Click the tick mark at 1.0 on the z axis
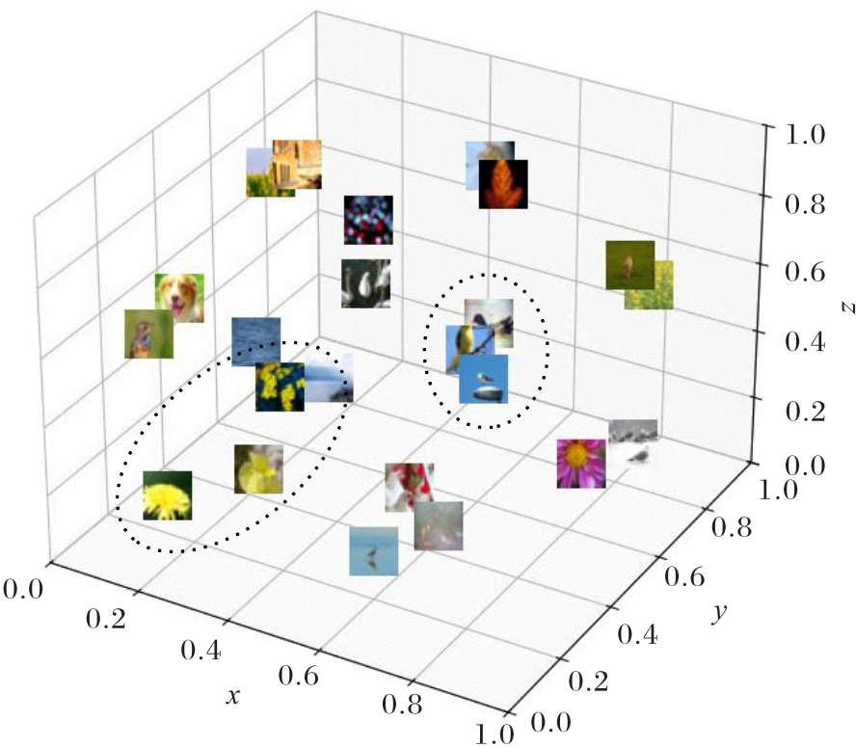tap(769, 126)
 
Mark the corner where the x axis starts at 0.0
tap(50, 561)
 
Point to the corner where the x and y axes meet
tap(508, 713)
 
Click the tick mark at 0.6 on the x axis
tap(318, 652)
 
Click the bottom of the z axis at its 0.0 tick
tap(755, 463)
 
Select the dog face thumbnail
tap(179, 298)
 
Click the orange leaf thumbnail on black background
tap(503, 184)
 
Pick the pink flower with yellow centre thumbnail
tap(581, 464)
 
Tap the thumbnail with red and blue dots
tap(368, 220)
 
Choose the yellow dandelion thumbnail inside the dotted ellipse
tap(168, 495)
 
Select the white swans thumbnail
tap(365, 283)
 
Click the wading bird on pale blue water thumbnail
tap(374, 551)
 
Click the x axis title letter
tap(233, 696)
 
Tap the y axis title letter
tap(720, 613)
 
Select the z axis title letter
tap(848, 308)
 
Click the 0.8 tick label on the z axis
tap(805, 204)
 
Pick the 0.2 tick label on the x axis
tap(106, 619)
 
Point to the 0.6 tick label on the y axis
tap(684, 577)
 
